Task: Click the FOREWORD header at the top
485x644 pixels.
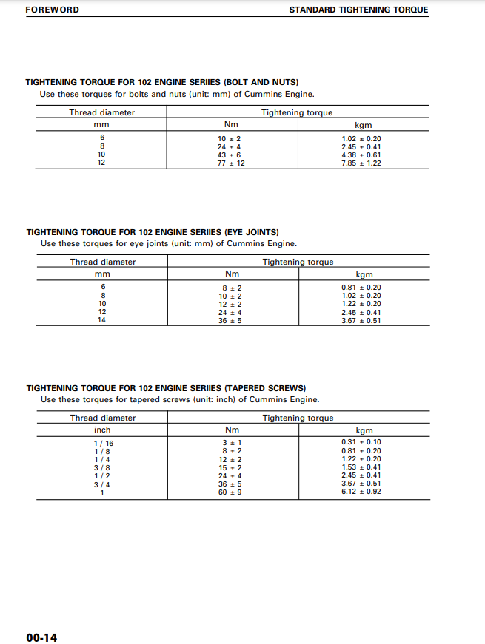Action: [52, 10]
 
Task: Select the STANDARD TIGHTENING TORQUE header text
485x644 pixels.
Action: [358, 10]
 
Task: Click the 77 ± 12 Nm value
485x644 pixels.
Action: [231, 163]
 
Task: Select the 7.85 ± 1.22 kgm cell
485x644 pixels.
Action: [361, 163]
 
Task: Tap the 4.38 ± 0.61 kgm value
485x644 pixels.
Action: [361, 155]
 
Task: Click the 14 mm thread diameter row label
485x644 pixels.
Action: [102, 320]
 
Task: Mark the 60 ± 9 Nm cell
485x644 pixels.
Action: [230, 492]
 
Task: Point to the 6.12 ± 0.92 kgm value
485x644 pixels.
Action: [361, 492]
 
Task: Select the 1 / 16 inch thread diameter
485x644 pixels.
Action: [103, 443]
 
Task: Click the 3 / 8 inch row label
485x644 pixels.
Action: [102, 467]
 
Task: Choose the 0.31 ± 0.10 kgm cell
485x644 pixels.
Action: [361, 442]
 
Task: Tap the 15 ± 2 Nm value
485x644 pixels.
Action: [230, 467]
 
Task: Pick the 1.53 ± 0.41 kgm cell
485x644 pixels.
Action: [361, 467]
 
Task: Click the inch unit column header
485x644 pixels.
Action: [102, 430]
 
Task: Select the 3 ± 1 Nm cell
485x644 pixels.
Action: [230, 443]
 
